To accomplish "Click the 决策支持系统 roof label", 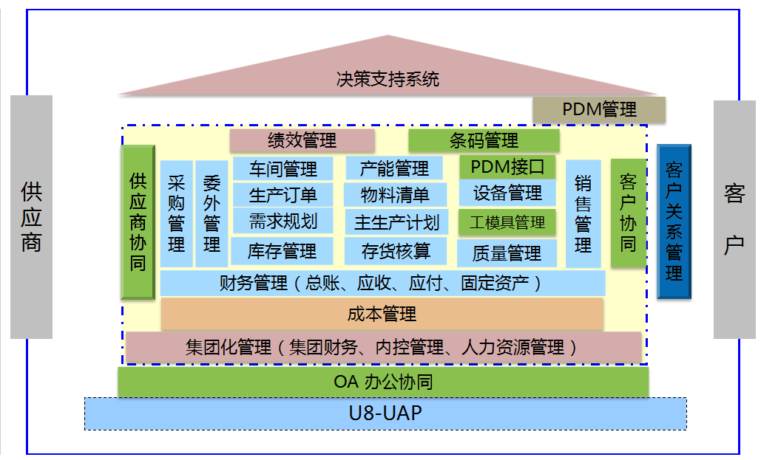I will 387,78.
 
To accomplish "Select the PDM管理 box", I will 599,109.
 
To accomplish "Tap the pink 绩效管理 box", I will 302,140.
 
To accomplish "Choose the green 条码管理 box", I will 484,140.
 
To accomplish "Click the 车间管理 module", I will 283,168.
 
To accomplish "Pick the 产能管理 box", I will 394,168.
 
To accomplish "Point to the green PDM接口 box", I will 507,167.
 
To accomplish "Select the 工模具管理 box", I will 507,222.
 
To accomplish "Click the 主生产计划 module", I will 396,222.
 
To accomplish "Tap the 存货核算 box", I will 396,250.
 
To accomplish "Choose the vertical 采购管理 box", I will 176,213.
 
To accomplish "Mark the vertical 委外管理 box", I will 212,213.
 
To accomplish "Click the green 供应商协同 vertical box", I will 138,222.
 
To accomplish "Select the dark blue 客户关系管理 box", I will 674,222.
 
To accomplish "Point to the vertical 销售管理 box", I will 583,213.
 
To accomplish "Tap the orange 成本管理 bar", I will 382,314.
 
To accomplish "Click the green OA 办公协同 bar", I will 383,382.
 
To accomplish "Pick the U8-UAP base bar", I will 385,413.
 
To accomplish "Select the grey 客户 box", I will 734,219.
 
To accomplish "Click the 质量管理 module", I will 507,253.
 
